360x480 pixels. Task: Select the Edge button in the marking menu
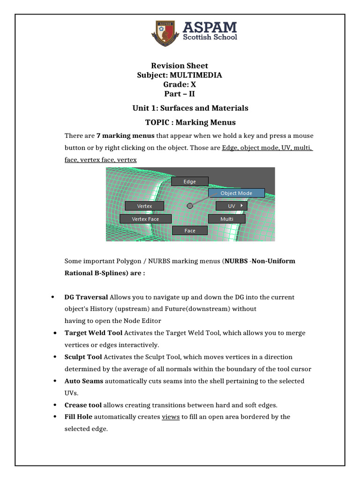190,181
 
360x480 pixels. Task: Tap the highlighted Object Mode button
236,193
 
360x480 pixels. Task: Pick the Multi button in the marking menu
227,219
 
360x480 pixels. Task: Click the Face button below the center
190,231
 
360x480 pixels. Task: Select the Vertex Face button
145,219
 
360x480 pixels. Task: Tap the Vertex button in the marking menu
144,206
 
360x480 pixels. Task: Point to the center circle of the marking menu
190,206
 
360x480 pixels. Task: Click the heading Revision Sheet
180,66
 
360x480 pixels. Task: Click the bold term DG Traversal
86,297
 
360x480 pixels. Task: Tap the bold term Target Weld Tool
93,333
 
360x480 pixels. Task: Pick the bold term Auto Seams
84,381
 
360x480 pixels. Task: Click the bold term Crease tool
83,405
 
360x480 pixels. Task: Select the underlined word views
171,417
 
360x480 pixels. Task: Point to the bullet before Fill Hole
55,417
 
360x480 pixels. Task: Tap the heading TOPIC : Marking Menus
190,122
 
